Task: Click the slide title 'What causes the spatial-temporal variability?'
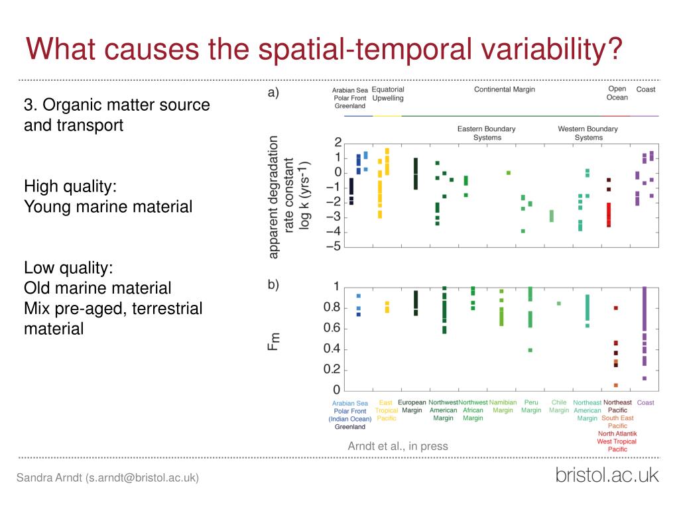click(x=324, y=49)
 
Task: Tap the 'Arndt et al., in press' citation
click(x=398, y=446)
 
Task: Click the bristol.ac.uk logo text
click(x=607, y=475)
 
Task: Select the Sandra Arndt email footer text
click(x=107, y=478)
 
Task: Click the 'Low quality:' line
click(x=68, y=268)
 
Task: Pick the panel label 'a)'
click(x=273, y=93)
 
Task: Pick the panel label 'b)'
click(x=273, y=284)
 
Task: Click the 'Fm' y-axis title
click(x=274, y=341)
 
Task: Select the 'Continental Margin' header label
click(x=504, y=89)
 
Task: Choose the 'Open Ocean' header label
click(x=617, y=93)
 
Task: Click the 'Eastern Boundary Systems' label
click(x=486, y=133)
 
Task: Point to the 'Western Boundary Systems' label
click(x=588, y=133)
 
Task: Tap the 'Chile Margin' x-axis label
click(x=559, y=406)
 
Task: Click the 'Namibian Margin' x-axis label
click(x=503, y=406)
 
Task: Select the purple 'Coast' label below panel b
click(x=645, y=402)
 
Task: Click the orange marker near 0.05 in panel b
click(x=615, y=385)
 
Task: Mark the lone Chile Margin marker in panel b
click(x=558, y=304)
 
